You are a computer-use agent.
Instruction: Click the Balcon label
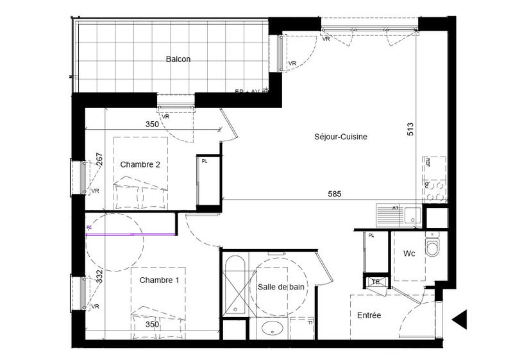click(178, 59)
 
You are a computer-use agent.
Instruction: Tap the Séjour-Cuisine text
click(341, 137)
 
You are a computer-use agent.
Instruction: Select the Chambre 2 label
click(140, 164)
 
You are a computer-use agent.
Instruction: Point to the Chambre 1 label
click(159, 280)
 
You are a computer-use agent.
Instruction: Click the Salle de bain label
click(281, 287)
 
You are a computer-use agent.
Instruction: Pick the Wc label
click(410, 253)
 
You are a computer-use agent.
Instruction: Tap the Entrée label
click(369, 315)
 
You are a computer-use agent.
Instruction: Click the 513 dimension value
click(410, 130)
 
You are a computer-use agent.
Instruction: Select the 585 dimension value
click(334, 193)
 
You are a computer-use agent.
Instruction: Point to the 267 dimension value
click(99, 160)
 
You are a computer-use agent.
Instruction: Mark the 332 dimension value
click(99, 277)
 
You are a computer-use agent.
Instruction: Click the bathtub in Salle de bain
click(235, 286)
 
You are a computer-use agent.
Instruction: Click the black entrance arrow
click(460, 319)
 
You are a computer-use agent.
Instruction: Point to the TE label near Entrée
click(376, 281)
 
